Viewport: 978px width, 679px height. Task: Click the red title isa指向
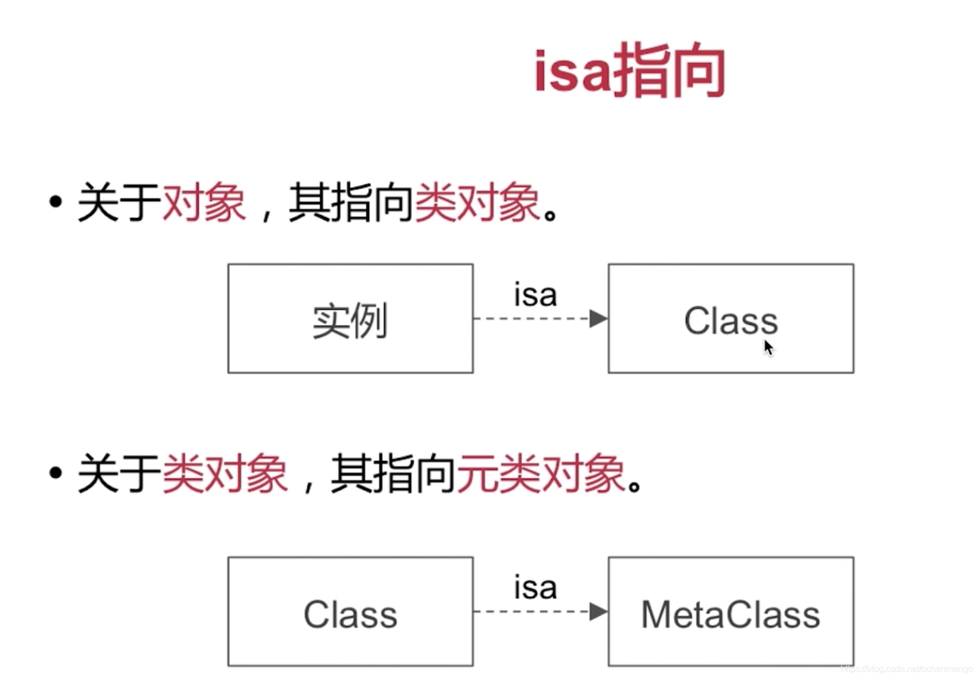629,71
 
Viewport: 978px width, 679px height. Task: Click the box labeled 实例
350,319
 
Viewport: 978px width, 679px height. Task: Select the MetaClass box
731,611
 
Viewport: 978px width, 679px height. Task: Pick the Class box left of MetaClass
350,611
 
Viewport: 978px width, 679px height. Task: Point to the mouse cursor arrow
768,347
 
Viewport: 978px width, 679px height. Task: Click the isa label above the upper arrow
535,295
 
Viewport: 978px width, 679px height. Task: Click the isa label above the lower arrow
535,587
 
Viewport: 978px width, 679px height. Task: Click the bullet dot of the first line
55,202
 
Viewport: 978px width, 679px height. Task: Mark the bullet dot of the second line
55,473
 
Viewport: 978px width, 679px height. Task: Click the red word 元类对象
541,474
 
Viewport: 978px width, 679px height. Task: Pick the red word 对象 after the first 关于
204,202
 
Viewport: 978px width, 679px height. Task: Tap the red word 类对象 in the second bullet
225,474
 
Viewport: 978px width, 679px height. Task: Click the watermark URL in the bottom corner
907,669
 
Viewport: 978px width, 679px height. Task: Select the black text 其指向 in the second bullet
393,474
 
